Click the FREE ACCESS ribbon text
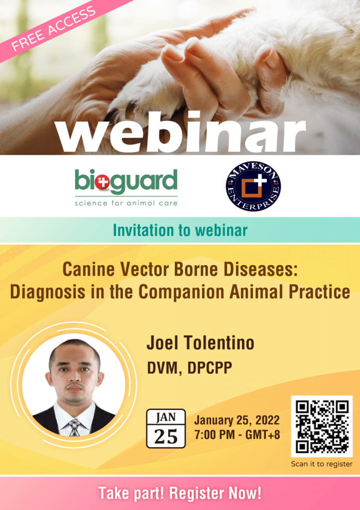click(54, 28)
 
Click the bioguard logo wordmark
click(126, 181)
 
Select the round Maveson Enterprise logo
click(253, 186)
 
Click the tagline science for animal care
click(126, 203)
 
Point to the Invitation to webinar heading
click(180, 230)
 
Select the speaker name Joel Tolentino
click(200, 343)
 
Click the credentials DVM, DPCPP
click(190, 368)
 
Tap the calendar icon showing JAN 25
click(166, 428)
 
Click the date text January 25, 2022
click(237, 420)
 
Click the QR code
click(322, 426)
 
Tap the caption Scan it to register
click(322, 464)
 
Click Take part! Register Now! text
click(180, 493)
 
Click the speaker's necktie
click(75, 427)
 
